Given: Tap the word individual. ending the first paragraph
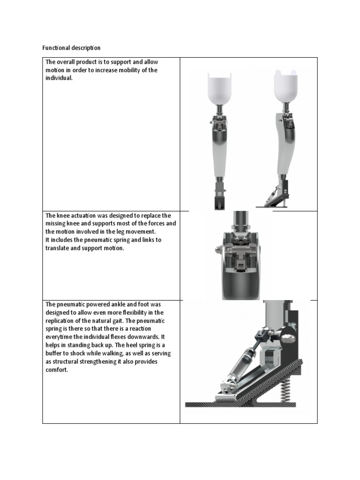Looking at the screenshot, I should (59, 78).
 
